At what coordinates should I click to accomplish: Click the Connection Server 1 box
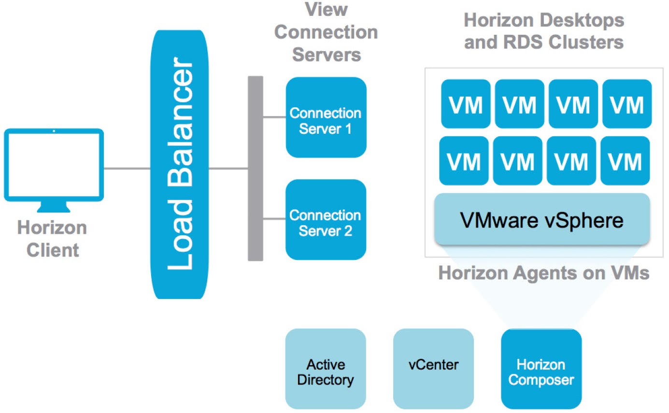pyautogui.click(x=326, y=117)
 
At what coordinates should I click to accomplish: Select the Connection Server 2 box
pyautogui.click(x=326, y=220)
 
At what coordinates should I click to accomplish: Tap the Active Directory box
pyautogui.click(x=325, y=369)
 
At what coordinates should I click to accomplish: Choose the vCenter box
pyautogui.click(x=433, y=369)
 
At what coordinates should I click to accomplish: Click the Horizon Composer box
pyautogui.click(x=541, y=369)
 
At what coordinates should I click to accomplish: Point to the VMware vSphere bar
pyautogui.click(x=542, y=220)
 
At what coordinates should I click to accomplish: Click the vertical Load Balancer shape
pyautogui.click(x=181, y=164)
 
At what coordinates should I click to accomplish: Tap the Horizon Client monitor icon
pyautogui.click(x=54, y=164)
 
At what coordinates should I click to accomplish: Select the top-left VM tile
pyautogui.click(x=465, y=104)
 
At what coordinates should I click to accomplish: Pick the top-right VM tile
pyautogui.click(x=627, y=104)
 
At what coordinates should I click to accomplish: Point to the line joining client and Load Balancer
pyautogui.click(x=128, y=169)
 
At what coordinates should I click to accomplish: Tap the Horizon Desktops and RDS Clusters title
pyautogui.click(x=543, y=31)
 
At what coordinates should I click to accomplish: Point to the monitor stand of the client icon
pyautogui.click(x=54, y=208)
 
